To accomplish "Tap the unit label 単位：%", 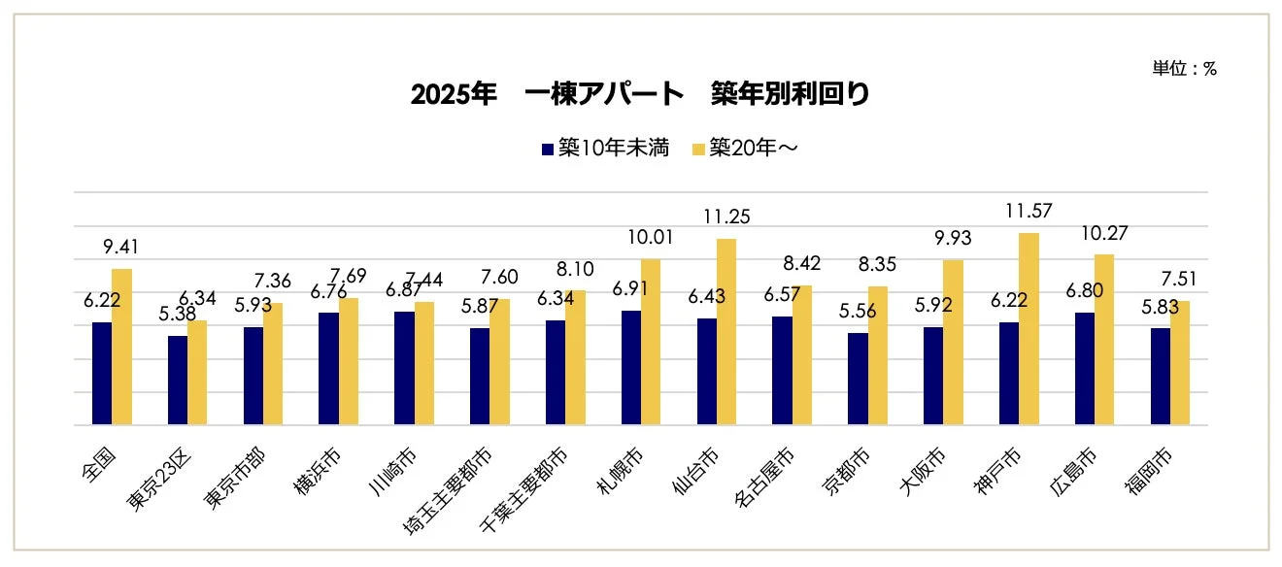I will (x=1184, y=69).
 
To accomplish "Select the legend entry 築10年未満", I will (x=605, y=149).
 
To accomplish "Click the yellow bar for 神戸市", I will (x=1029, y=329).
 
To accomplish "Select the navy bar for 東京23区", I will (x=178, y=381).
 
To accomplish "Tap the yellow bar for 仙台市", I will (x=725, y=332).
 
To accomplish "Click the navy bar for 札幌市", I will (x=631, y=368).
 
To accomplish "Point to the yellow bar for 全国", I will (x=121, y=347).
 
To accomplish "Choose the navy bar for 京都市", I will (x=858, y=379).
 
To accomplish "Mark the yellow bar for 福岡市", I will (x=1180, y=363).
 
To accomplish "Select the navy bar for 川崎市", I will (x=404, y=368).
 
